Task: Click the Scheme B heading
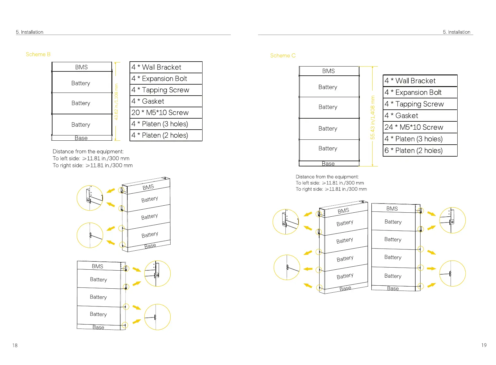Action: click(38, 54)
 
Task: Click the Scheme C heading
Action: click(283, 55)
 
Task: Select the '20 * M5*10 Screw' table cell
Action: click(166, 112)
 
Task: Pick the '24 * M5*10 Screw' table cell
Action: click(420, 127)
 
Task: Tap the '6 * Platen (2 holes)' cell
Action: click(420, 150)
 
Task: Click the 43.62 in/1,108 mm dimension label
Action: click(116, 102)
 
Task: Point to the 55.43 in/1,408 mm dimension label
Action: click(373, 117)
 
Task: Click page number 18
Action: click(15, 345)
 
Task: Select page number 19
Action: click(484, 345)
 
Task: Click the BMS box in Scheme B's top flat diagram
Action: click(81, 67)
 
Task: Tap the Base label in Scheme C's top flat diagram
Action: click(328, 164)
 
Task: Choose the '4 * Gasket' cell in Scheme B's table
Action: click(166, 101)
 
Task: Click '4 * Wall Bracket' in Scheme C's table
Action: click(420, 81)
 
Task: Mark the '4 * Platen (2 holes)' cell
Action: click(166, 135)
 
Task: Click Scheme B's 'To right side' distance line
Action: click(93, 165)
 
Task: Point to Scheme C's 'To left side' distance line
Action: click(330, 183)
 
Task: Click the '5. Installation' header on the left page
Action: click(29, 32)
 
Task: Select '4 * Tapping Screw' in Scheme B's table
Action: click(166, 90)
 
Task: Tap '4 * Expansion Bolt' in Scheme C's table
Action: click(420, 93)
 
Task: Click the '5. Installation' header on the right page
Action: click(456, 32)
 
